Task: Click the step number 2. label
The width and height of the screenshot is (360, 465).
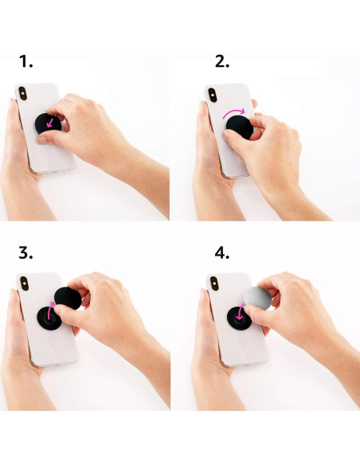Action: point(222,61)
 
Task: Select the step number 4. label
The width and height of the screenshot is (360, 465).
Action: point(222,254)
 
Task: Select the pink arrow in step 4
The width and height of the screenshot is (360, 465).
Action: point(240,311)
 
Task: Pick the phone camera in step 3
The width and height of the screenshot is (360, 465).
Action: point(23,285)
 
